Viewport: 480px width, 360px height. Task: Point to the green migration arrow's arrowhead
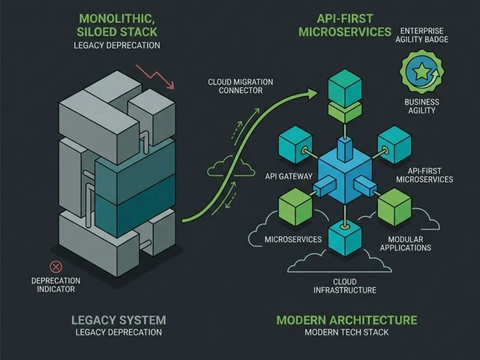click(x=311, y=92)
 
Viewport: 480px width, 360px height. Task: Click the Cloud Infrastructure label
click(x=344, y=286)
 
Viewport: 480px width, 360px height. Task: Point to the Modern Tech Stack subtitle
click(x=347, y=332)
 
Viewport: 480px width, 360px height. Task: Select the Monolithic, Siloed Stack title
click(x=117, y=25)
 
